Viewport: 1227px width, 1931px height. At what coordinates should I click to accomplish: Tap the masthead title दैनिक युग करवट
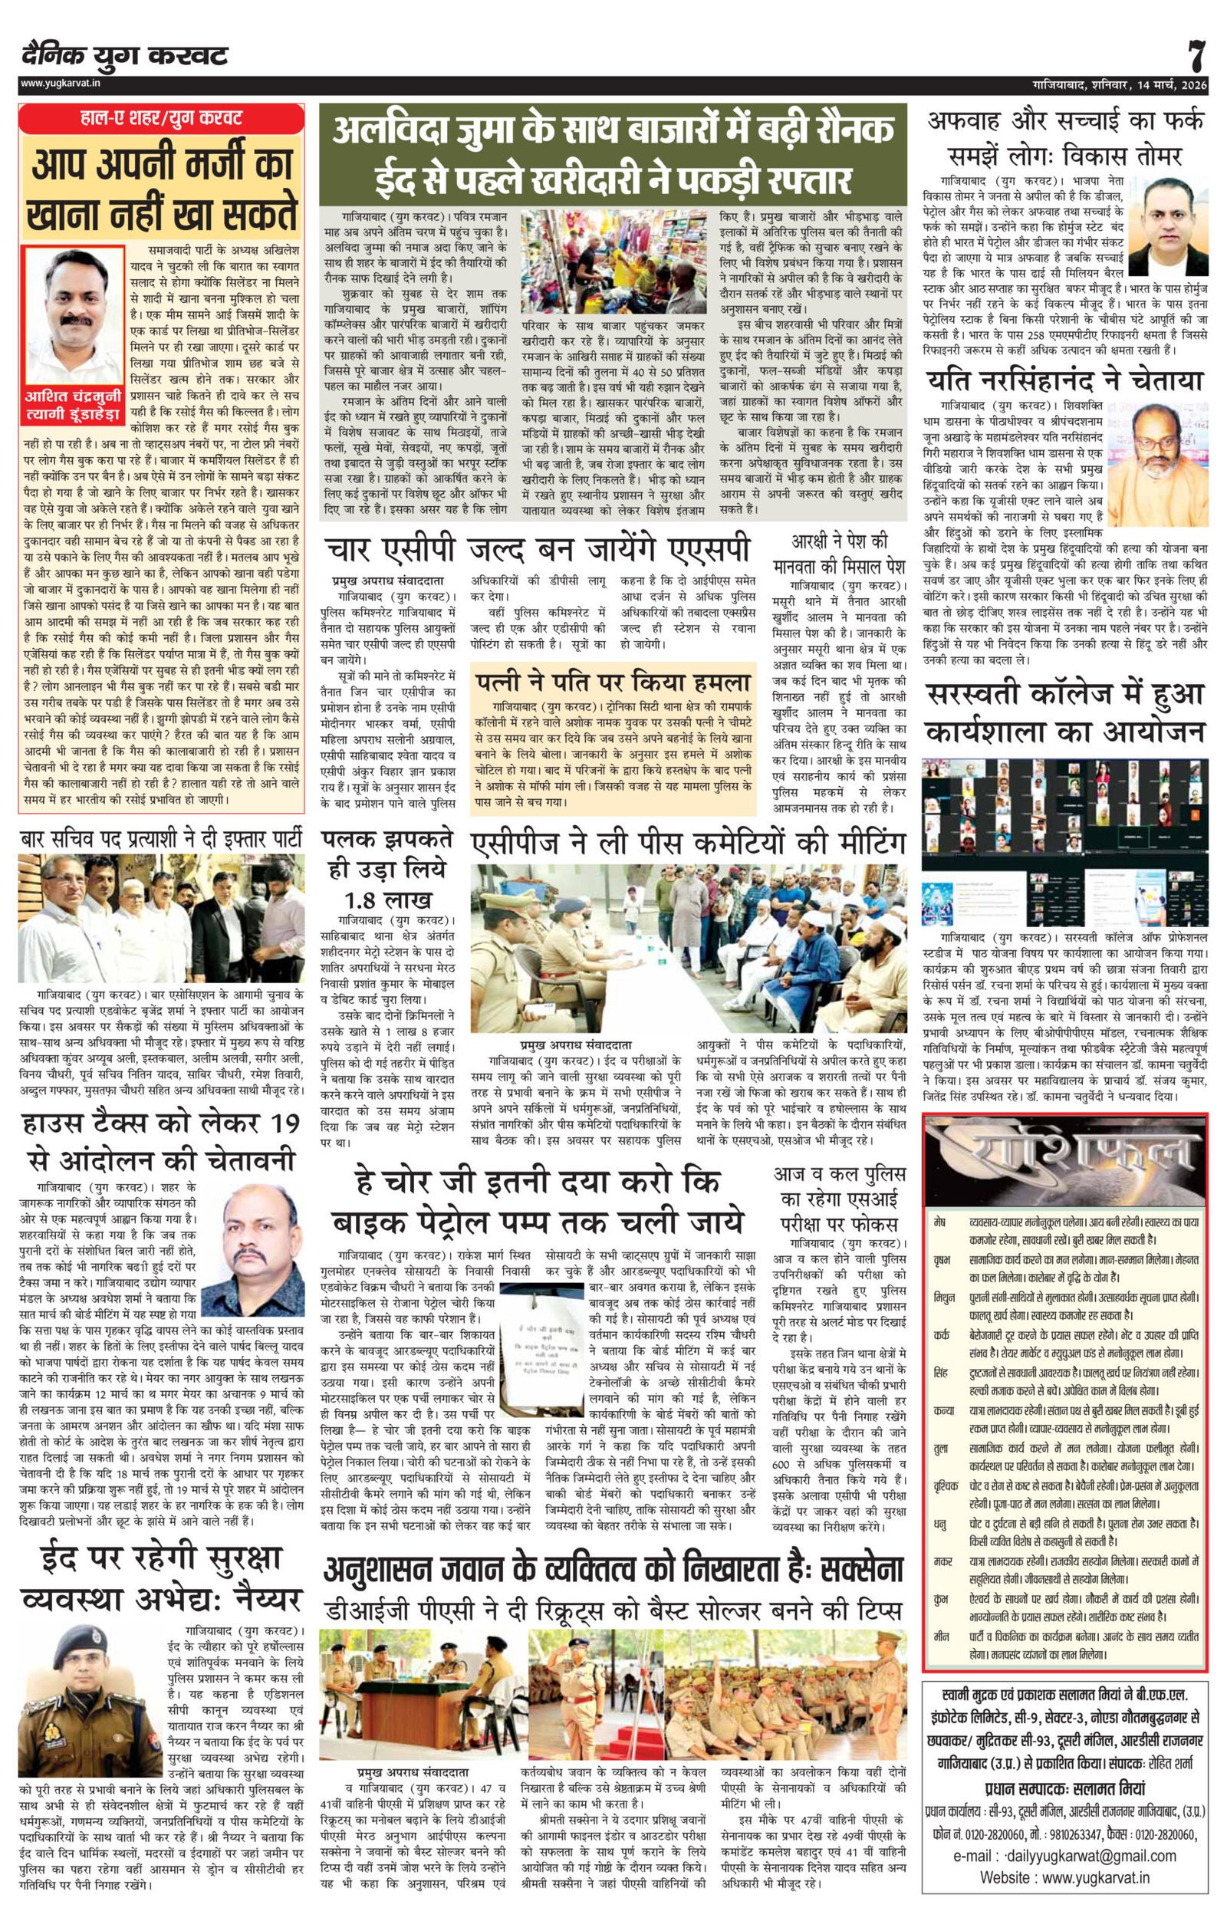pyautogui.click(x=125, y=56)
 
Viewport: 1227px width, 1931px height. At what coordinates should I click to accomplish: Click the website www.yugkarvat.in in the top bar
pyautogui.click(x=54, y=83)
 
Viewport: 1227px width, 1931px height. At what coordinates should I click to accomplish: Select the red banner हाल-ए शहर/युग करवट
pyautogui.click(x=161, y=119)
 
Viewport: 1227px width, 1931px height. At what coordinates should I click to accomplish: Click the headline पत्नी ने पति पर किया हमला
pyautogui.click(x=613, y=683)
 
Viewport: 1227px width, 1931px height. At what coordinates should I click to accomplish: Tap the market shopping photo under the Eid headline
pyautogui.click(x=615, y=262)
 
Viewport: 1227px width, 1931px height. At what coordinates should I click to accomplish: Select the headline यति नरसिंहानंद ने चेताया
pyautogui.click(x=1065, y=380)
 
